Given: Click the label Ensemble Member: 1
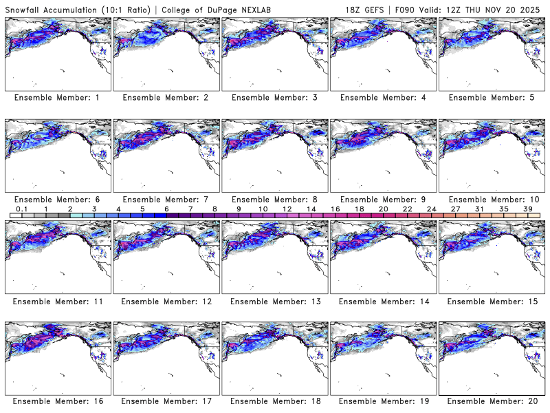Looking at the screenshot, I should point(56,98).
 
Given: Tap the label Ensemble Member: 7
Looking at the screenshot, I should point(165,200).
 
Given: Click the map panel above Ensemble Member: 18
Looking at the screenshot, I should point(275,357).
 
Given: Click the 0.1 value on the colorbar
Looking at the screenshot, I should point(21,209).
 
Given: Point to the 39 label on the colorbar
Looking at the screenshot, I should point(528,209).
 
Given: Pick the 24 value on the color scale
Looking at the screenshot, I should point(431,209).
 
